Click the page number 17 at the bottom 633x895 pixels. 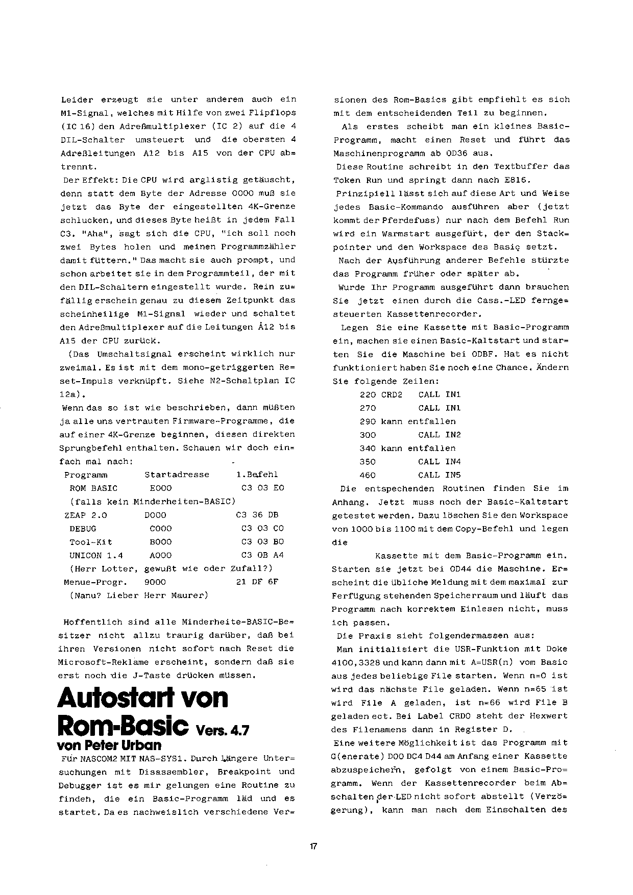click(313, 847)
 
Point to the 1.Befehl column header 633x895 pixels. click(257, 475)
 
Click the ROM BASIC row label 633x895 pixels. click(93, 488)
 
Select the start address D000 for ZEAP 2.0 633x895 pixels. click(155, 515)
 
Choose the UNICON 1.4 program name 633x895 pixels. click(96, 555)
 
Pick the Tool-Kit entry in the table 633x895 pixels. click(91, 542)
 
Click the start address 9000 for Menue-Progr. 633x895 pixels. click(155, 582)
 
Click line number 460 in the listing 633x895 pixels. click(368, 475)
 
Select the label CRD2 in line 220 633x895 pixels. click(392, 394)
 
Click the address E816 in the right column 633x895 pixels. click(519, 180)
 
